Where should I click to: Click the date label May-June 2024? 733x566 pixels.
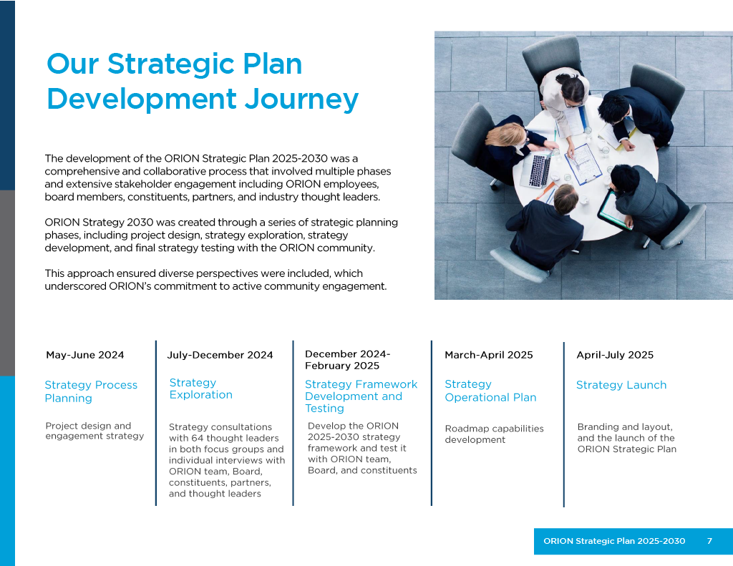[84, 355]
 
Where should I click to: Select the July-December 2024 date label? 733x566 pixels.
[220, 355]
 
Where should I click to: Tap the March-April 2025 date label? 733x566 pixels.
[488, 355]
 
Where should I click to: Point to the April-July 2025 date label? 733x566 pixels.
[614, 355]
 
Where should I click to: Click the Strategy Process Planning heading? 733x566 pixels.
[91, 391]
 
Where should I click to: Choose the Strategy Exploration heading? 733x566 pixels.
[200, 389]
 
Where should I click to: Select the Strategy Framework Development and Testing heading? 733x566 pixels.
[361, 396]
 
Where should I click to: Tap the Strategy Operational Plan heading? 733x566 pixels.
[490, 391]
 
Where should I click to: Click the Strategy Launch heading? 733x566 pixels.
[621, 385]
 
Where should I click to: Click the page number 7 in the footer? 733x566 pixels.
[709, 541]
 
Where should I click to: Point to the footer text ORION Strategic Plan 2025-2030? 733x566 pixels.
[614, 541]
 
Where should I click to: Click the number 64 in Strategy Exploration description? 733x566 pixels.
[197, 439]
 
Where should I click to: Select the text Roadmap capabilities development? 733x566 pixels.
[494, 434]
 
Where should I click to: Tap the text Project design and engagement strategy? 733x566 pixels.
[94, 431]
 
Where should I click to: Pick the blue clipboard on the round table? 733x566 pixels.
[583, 163]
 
